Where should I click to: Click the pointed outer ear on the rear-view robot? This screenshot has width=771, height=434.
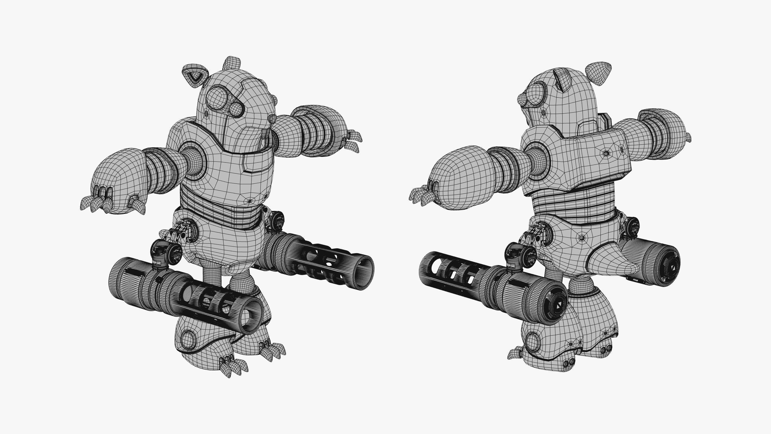coord(598,73)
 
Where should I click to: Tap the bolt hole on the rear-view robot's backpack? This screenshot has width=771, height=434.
coord(606,153)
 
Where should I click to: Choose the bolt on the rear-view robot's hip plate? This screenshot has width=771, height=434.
coord(582,238)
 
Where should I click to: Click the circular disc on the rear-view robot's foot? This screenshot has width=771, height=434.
coord(532,341)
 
